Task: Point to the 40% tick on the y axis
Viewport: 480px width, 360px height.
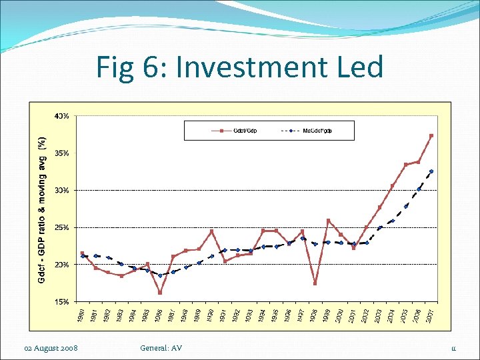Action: [x=61, y=116]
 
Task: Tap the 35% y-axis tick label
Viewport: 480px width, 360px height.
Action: [x=61, y=153]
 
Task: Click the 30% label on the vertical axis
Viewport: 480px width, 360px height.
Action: [x=61, y=191]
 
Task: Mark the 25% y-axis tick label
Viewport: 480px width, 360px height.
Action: [x=61, y=228]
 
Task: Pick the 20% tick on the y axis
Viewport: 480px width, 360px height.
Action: [x=61, y=265]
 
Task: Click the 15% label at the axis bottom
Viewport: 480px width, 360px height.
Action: [x=61, y=302]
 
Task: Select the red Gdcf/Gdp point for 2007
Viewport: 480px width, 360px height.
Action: [x=431, y=136]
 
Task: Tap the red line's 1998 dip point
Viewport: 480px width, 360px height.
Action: [x=315, y=283]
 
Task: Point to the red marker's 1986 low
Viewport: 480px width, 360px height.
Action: [x=160, y=292]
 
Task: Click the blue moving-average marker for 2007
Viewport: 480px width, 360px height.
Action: [x=431, y=171]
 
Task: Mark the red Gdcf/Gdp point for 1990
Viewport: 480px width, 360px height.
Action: [x=211, y=231]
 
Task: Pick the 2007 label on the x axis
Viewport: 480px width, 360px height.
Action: [x=431, y=315]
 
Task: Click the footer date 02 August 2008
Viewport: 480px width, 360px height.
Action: [x=51, y=348]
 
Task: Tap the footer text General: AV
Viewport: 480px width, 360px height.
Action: [x=161, y=348]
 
